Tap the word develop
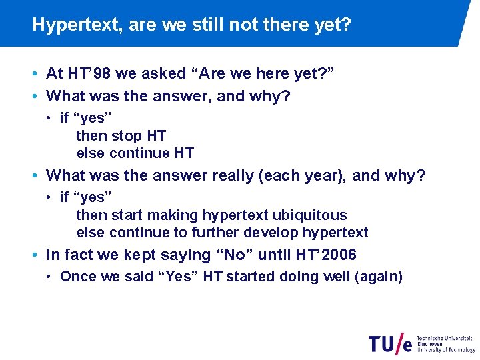pos(271,233)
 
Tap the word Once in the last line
pos(76,277)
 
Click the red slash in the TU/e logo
pos(401,343)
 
